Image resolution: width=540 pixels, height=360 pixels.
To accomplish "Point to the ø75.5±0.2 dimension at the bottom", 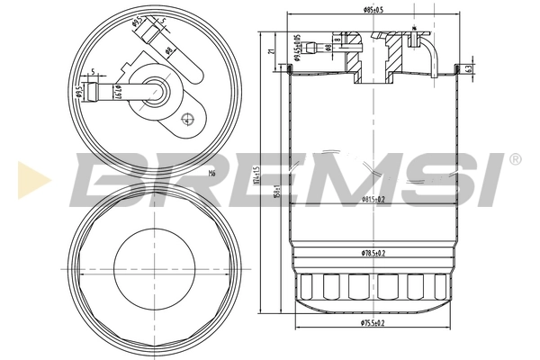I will (x=375, y=322).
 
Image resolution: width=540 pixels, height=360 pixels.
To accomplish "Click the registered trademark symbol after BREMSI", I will (x=514, y=160).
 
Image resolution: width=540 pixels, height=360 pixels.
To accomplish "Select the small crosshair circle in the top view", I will (x=186, y=118).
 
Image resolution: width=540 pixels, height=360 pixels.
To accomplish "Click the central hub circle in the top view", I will (x=159, y=89).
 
